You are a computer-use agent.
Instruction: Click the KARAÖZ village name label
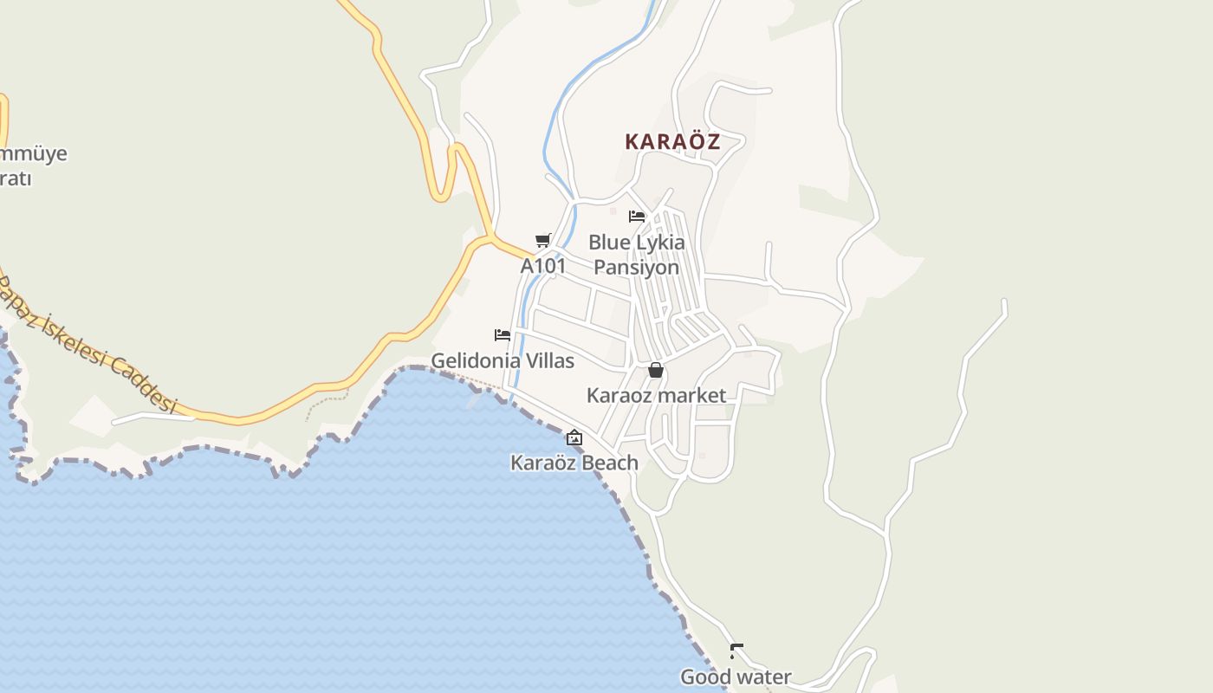point(672,142)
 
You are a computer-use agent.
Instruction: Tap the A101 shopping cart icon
point(543,240)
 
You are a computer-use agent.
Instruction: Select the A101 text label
point(543,266)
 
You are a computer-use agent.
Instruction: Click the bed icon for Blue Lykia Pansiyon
point(637,217)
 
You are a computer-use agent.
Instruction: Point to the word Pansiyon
point(637,268)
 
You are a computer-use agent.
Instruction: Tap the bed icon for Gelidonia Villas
point(503,335)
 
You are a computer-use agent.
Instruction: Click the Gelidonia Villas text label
point(503,361)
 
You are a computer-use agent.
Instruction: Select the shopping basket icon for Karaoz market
point(656,371)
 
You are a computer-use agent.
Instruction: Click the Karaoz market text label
point(656,396)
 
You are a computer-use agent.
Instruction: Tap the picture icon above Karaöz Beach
point(574,437)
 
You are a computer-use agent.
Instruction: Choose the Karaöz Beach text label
point(574,463)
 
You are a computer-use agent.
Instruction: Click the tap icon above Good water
point(736,651)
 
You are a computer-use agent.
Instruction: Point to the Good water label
point(736,677)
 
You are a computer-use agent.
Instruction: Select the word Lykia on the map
point(660,243)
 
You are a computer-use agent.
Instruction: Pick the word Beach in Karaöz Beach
point(611,463)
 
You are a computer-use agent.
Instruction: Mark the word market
point(690,396)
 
